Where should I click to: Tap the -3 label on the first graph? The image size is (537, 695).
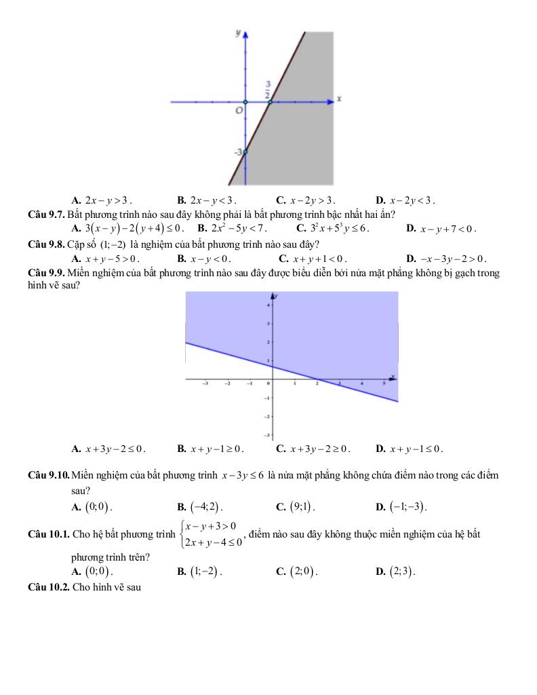pos(238,153)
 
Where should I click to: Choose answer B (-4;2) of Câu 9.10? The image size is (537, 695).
pos(203,506)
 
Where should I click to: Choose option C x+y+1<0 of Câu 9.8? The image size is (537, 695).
pos(318,259)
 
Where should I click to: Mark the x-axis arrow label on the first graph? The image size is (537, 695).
pos(339,99)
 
